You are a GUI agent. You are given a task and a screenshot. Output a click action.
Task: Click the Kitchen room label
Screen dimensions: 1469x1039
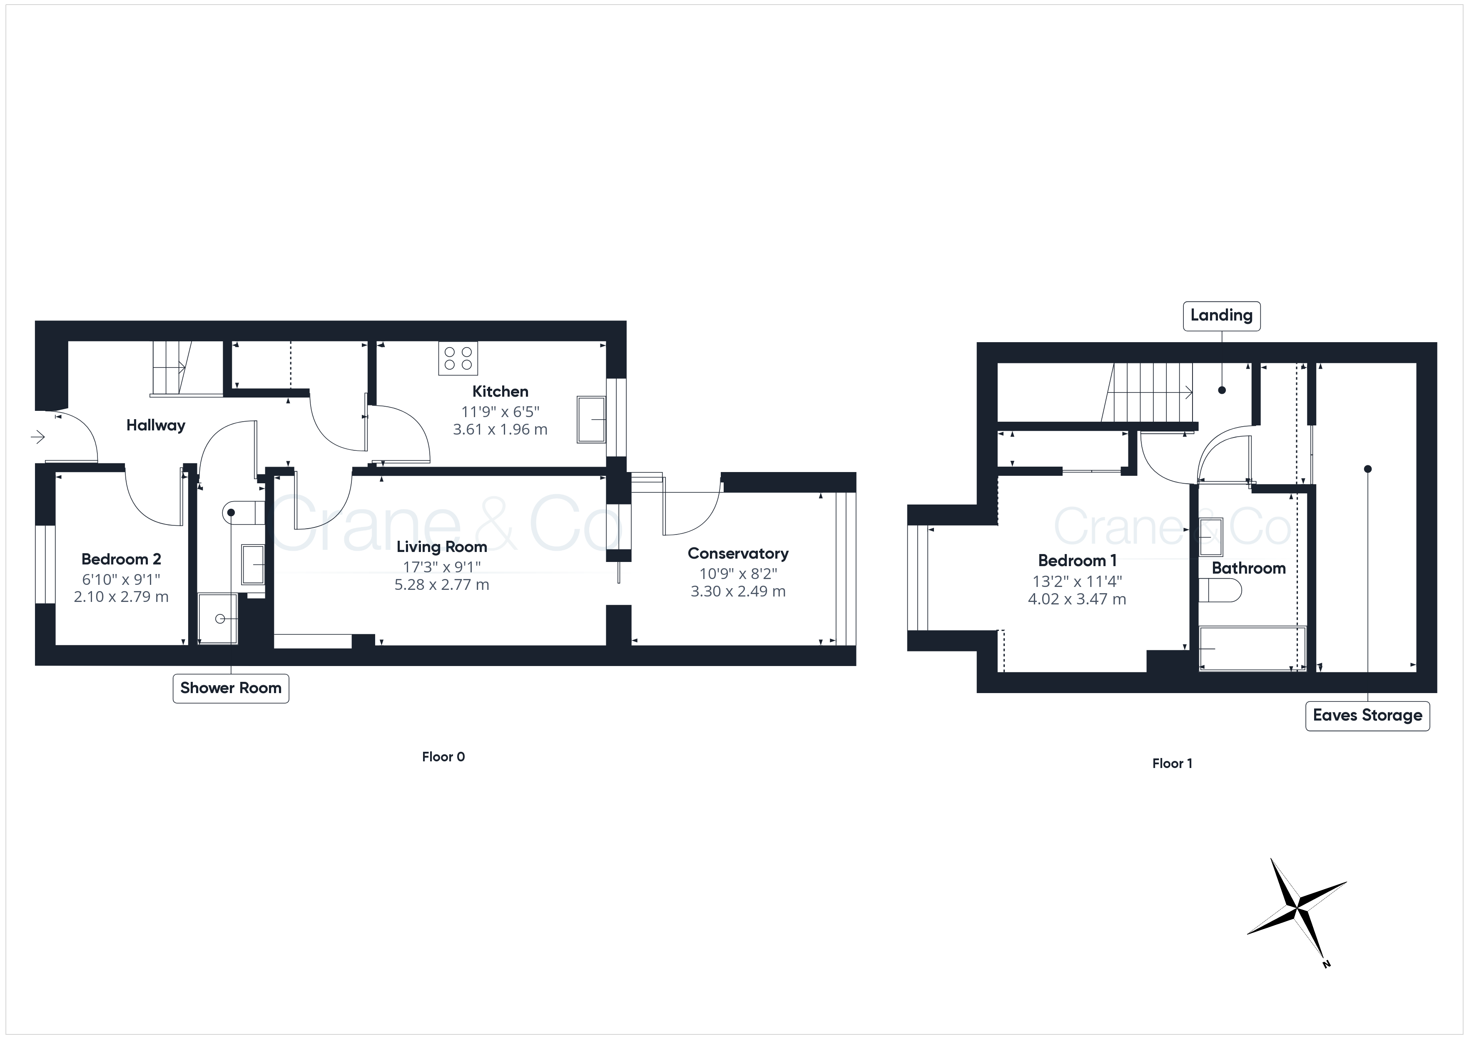coord(500,392)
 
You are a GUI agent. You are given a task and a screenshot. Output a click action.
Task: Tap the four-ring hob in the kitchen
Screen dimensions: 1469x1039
coord(458,358)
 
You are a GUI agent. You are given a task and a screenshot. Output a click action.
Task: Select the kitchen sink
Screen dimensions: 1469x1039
coord(591,420)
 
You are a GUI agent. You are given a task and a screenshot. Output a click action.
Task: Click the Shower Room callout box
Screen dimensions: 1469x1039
coord(231,689)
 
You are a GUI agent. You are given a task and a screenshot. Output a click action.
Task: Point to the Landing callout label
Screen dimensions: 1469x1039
coord(1221,316)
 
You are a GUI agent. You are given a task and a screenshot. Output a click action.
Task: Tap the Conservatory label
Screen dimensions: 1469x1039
coord(738,553)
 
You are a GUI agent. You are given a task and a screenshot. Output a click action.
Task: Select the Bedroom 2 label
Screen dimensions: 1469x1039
coord(121,559)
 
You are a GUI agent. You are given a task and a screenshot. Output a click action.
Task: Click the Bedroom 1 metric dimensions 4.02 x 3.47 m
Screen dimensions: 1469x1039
coord(1077,599)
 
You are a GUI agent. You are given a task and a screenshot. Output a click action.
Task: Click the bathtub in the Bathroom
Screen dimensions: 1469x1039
coord(1252,649)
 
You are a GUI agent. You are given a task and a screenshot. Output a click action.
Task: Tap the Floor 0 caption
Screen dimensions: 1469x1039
coord(443,757)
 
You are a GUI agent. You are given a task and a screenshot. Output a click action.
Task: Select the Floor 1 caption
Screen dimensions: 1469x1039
coord(1172,763)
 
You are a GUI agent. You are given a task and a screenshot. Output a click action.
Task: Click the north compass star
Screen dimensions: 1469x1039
coord(1296,908)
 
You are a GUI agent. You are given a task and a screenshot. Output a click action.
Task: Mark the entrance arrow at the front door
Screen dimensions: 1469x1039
coord(38,437)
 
